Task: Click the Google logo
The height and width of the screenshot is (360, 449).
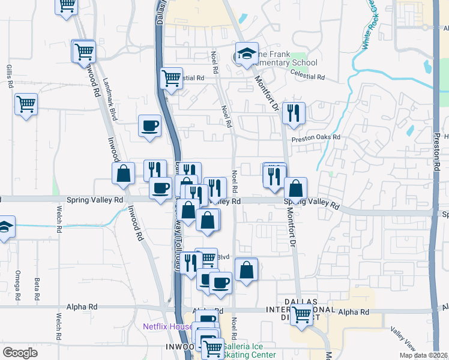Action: click(20, 353)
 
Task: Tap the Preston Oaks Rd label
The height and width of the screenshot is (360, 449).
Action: click(316, 137)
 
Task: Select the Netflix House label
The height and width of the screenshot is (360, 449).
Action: click(166, 327)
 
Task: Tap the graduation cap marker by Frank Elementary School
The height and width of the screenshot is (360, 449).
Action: click(246, 54)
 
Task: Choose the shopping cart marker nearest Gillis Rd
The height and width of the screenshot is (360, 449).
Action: click(26, 104)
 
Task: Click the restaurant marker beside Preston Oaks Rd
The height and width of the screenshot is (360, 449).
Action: click(294, 113)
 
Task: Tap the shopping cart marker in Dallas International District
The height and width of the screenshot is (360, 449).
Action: click(301, 314)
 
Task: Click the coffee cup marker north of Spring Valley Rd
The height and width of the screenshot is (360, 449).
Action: click(150, 126)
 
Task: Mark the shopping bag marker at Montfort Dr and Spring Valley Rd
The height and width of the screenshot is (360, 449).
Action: click(295, 188)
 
